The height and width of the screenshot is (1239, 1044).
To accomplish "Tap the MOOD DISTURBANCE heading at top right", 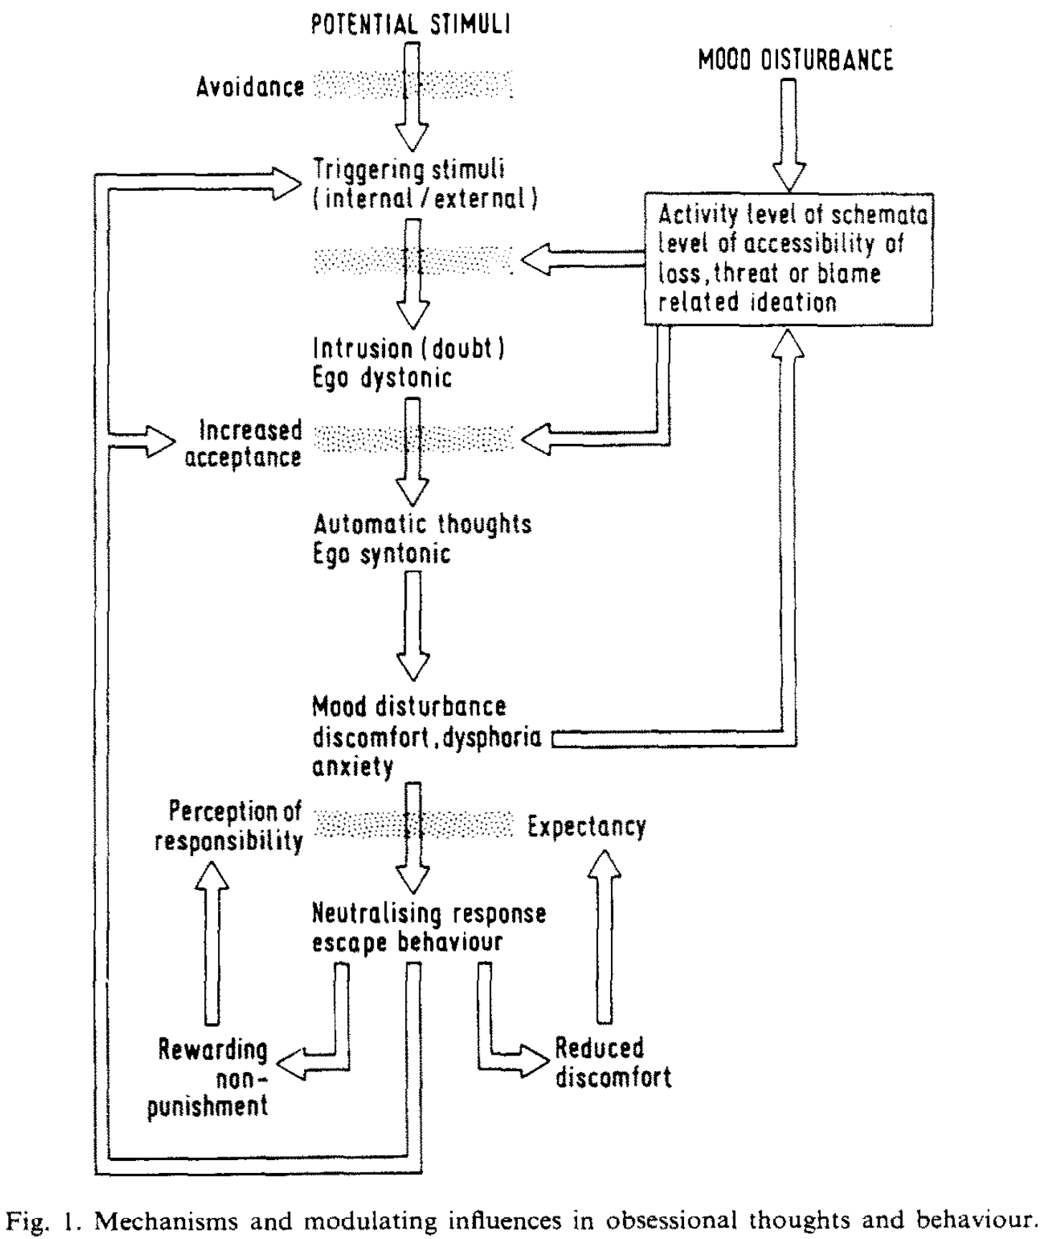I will (x=796, y=60).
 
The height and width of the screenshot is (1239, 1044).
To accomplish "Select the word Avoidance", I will (x=250, y=87).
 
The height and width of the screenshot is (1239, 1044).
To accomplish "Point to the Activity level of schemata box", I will (x=789, y=259).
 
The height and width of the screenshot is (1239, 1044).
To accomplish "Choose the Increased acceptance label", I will (x=243, y=444).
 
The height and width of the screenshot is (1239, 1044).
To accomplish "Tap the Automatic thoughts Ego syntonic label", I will (x=422, y=539).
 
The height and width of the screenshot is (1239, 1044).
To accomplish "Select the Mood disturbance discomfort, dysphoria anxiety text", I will (x=426, y=736).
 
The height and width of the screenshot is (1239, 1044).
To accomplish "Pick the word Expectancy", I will (x=587, y=827).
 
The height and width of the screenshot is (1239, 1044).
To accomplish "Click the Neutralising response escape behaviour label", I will (x=429, y=928).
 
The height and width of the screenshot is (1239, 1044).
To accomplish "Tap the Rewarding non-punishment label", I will (x=213, y=1077).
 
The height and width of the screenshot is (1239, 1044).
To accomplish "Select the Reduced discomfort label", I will (x=613, y=1063).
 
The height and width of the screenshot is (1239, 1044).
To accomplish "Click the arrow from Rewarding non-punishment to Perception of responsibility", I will (x=211, y=941).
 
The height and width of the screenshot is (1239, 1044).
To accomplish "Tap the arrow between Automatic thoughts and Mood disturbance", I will (x=413, y=625).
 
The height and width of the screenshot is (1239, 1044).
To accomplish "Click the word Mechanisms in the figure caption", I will (x=156, y=1219).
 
